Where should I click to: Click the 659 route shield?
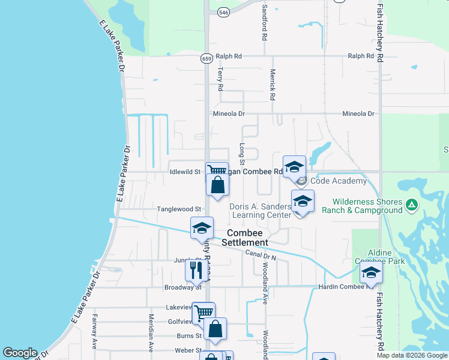(x=206, y=58)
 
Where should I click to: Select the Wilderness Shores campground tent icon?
(x=412, y=206)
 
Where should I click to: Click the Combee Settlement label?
(x=245, y=238)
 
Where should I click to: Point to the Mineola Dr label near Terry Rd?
(x=229, y=113)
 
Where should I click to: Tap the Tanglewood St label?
(x=179, y=209)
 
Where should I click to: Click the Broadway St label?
(x=165, y=287)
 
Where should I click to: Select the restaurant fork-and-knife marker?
(x=196, y=270)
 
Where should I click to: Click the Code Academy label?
(x=339, y=181)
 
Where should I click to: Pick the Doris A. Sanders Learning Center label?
(x=261, y=211)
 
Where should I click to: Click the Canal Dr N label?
(x=261, y=255)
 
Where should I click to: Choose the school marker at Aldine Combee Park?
(x=371, y=273)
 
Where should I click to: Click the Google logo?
(x=20, y=353)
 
